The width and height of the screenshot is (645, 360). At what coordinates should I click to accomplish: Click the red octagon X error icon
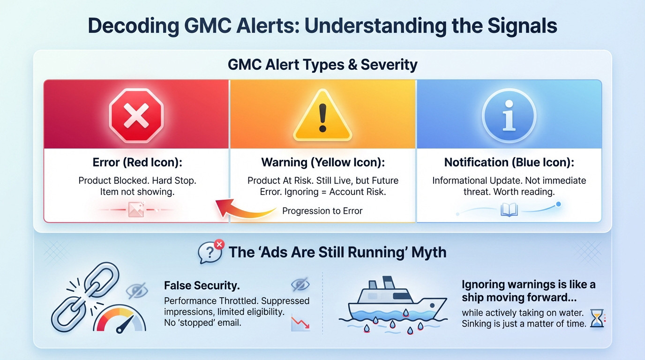(x=136, y=114)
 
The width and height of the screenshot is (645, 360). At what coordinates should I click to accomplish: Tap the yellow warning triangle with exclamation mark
(x=322, y=115)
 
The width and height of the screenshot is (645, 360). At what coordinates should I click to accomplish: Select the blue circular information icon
(x=509, y=115)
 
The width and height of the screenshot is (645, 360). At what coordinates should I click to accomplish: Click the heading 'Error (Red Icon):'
(x=137, y=163)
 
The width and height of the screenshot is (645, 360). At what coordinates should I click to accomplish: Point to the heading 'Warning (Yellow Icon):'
(x=322, y=163)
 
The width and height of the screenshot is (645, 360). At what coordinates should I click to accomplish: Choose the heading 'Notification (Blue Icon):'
(x=509, y=163)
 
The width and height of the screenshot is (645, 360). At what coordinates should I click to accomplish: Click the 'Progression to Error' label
(x=322, y=211)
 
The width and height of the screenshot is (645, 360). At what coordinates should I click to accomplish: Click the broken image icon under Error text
(x=136, y=210)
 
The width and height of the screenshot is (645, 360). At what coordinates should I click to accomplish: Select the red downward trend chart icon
(x=300, y=323)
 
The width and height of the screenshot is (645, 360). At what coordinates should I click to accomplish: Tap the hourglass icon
(x=597, y=319)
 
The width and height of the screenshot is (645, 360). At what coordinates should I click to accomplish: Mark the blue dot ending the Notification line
(x=558, y=204)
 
